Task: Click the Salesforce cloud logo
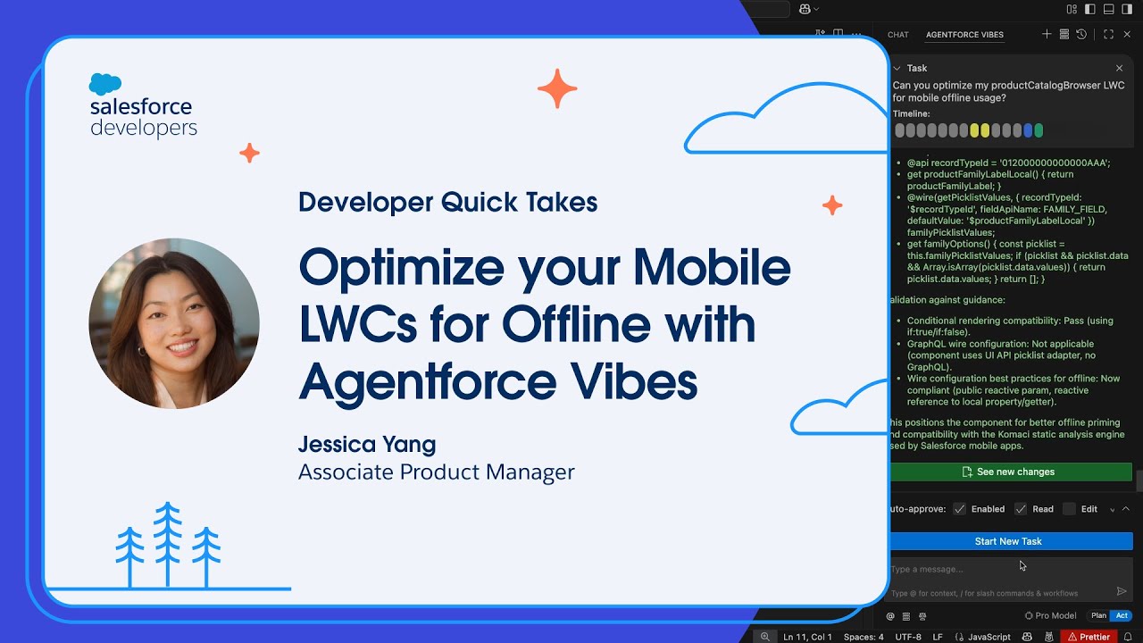click(x=105, y=84)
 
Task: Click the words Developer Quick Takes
click(x=447, y=202)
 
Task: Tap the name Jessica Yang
click(x=367, y=444)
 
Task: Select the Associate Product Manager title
click(x=436, y=472)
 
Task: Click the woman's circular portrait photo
click(x=174, y=323)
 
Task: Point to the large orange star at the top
click(x=557, y=88)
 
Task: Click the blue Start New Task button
click(x=1008, y=541)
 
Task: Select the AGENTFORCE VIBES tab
click(x=964, y=35)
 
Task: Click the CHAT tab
click(x=897, y=35)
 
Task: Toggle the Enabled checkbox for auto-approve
click(x=960, y=509)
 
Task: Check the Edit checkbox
click(x=1069, y=509)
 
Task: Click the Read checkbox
click(x=1021, y=509)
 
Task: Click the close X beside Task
click(x=1119, y=68)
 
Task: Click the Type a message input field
click(x=1000, y=569)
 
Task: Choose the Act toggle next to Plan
click(x=1122, y=615)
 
